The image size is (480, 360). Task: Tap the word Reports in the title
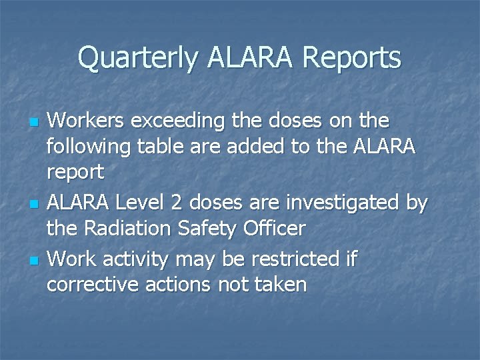[x=351, y=58]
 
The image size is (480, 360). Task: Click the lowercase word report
[x=75, y=173]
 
